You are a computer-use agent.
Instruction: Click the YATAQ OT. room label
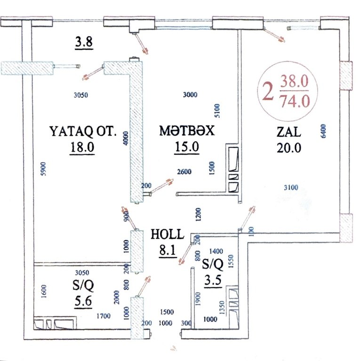click(x=83, y=132)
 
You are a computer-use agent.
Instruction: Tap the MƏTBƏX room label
click(x=187, y=131)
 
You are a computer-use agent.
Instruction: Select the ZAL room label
click(x=289, y=132)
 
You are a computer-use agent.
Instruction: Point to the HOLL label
click(x=168, y=234)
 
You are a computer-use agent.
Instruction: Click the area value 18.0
click(x=82, y=147)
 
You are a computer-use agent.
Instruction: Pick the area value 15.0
click(x=187, y=147)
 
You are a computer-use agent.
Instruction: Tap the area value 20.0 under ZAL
click(x=289, y=148)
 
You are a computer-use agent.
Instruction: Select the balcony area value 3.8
click(x=84, y=42)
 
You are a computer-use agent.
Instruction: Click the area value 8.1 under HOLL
click(x=168, y=250)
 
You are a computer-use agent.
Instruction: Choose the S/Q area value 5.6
click(x=83, y=301)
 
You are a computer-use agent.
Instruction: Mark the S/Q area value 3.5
click(x=213, y=280)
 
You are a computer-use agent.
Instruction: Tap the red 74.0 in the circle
click(x=294, y=102)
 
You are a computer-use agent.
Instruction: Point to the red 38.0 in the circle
click(x=294, y=81)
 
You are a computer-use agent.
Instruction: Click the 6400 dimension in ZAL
click(x=323, y=131)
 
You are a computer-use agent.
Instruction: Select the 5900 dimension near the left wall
click(x=43, y=169)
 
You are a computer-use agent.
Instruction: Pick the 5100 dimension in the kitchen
click(x=217, y=111)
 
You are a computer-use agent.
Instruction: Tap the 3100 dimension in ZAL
click(x=291, y=188)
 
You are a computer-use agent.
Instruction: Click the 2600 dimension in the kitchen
click(x=184, y=172)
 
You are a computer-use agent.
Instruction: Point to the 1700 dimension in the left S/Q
click(x=103, y=316)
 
